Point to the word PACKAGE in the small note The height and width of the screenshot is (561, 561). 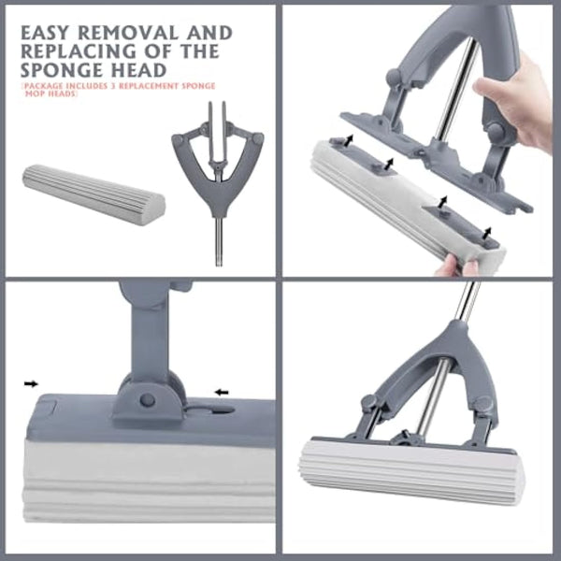pos(42,85)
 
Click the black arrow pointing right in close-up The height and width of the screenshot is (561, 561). pos(32,383)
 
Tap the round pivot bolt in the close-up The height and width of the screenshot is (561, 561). pos(147,400)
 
